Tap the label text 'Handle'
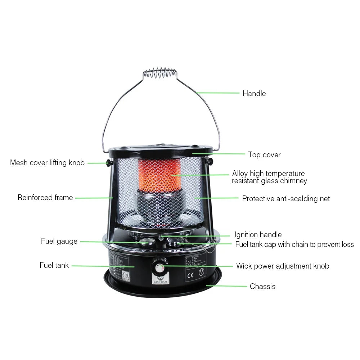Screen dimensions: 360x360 (x=254, y=94)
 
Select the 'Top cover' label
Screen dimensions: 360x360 (x=264, y=155)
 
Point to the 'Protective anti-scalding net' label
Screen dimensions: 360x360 (x=286, y=198)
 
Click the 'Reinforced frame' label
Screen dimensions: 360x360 (x=45, y=198)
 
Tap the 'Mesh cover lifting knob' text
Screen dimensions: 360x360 (x=47, y=163)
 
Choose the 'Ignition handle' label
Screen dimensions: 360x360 (x=258, y=235)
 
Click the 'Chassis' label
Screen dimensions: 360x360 (x=262, y=287)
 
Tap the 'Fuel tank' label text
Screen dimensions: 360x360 (x=54, y=266)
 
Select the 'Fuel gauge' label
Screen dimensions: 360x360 (x=59, y=241)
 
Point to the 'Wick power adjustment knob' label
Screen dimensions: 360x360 (x=283, y=266)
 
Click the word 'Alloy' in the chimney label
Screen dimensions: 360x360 (x=240, y=174)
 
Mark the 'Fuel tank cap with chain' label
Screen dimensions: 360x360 (x=294, y=244)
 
